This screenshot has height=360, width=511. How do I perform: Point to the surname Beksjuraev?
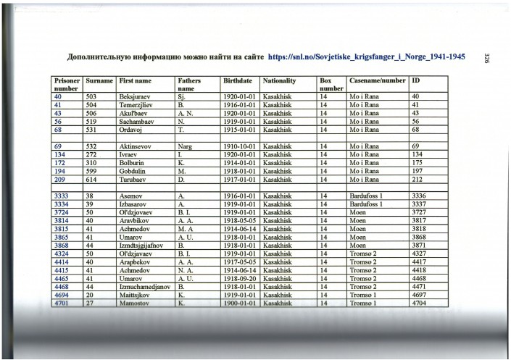(136, 96)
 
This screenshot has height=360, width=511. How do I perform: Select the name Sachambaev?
(138, 121)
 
